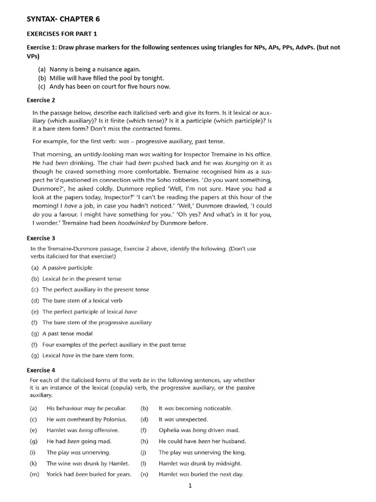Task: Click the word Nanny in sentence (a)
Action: pyautogui.click(x=59, y=69)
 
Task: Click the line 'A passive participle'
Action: pyautogui.click(x=67, y=268)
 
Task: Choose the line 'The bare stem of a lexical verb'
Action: pyautogui.click(x=82, y=301)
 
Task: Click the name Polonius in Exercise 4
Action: pyautogui.click(x=114, y=419)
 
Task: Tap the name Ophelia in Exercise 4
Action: pyautogui.click(x=170, y=430)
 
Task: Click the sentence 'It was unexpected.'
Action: pyautogui.click(x=183, y=419)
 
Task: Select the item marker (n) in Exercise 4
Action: pyautogui.click(x=144, y=474)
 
